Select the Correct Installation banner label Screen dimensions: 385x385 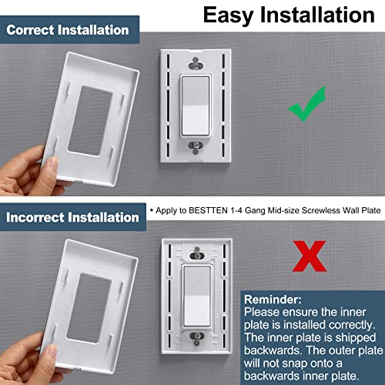(67, 31)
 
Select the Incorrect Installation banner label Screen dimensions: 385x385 (72, 217)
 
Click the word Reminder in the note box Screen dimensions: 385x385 (276, 300)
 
